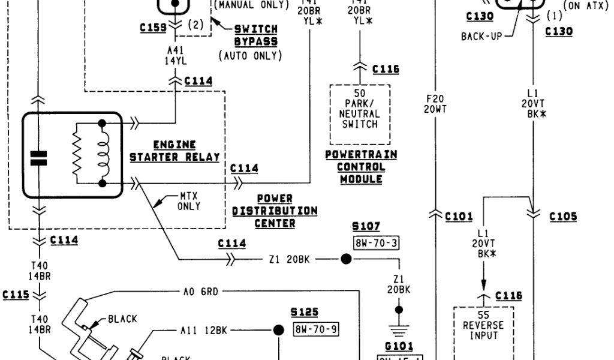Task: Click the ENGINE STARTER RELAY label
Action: click(x=174, y=151)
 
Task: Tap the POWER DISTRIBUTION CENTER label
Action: click(x=275, y=211)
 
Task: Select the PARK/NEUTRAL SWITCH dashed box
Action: click(x=360, y=114)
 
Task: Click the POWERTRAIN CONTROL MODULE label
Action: click(x=361, y=167)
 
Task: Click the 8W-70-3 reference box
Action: click(x=377, y=243)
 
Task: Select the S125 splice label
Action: click(x=305, y=313)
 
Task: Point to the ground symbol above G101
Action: click(x=396, y=329)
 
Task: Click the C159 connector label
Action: click(x=153, y=28)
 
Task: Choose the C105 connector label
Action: click(x=563, y=217)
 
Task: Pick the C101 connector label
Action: click(x=459, y=217)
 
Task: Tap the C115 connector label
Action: click(x=16, y=295)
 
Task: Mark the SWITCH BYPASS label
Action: click(x=256, y=35)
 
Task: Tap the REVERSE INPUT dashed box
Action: click(x=483, y=330)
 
